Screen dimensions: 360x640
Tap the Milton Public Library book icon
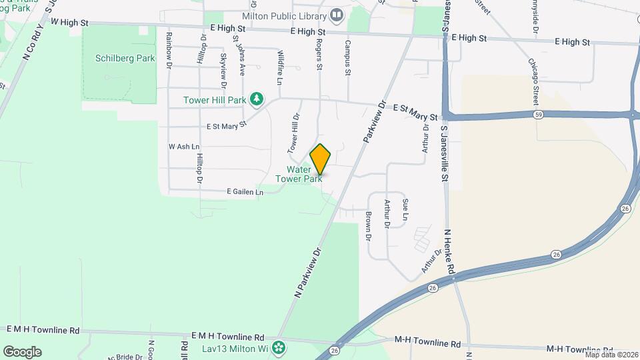(337, 15)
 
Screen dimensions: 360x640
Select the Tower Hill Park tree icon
(256, 100)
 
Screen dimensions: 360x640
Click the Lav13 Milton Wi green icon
(279, 347)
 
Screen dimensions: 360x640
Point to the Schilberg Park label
(127, 58)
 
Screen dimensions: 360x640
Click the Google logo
(22, 351)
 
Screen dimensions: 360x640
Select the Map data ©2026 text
(611, 354)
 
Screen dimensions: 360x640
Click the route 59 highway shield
(537, 115)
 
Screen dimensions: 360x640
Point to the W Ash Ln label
(184, 146)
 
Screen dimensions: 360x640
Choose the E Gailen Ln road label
(245, 192)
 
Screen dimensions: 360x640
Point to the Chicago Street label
(533, 81)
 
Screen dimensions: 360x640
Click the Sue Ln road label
(405, 210)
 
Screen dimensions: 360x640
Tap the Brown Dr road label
(368, 227)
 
